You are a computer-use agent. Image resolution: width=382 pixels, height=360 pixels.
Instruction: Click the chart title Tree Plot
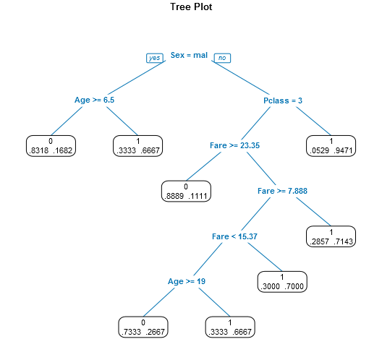[191, 7]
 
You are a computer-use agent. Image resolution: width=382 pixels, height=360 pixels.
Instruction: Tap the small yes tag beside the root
[154, 58]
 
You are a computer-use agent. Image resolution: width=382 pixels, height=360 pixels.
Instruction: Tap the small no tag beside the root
[223, 58]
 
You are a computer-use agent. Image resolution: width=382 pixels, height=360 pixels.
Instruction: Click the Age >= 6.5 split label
[95, 100]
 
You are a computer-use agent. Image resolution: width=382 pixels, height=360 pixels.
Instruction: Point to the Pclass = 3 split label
[283, 100]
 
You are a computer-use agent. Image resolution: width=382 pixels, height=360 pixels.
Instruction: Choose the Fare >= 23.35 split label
[235, 145]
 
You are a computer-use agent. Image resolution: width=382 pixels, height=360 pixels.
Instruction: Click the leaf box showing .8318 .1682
[51, 146]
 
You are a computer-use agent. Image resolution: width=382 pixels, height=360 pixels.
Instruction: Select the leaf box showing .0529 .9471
[331, 146]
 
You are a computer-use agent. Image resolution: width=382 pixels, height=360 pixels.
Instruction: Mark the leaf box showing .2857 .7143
[331, 237]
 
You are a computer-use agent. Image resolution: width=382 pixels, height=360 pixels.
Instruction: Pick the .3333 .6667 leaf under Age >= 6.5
[138, 146]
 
